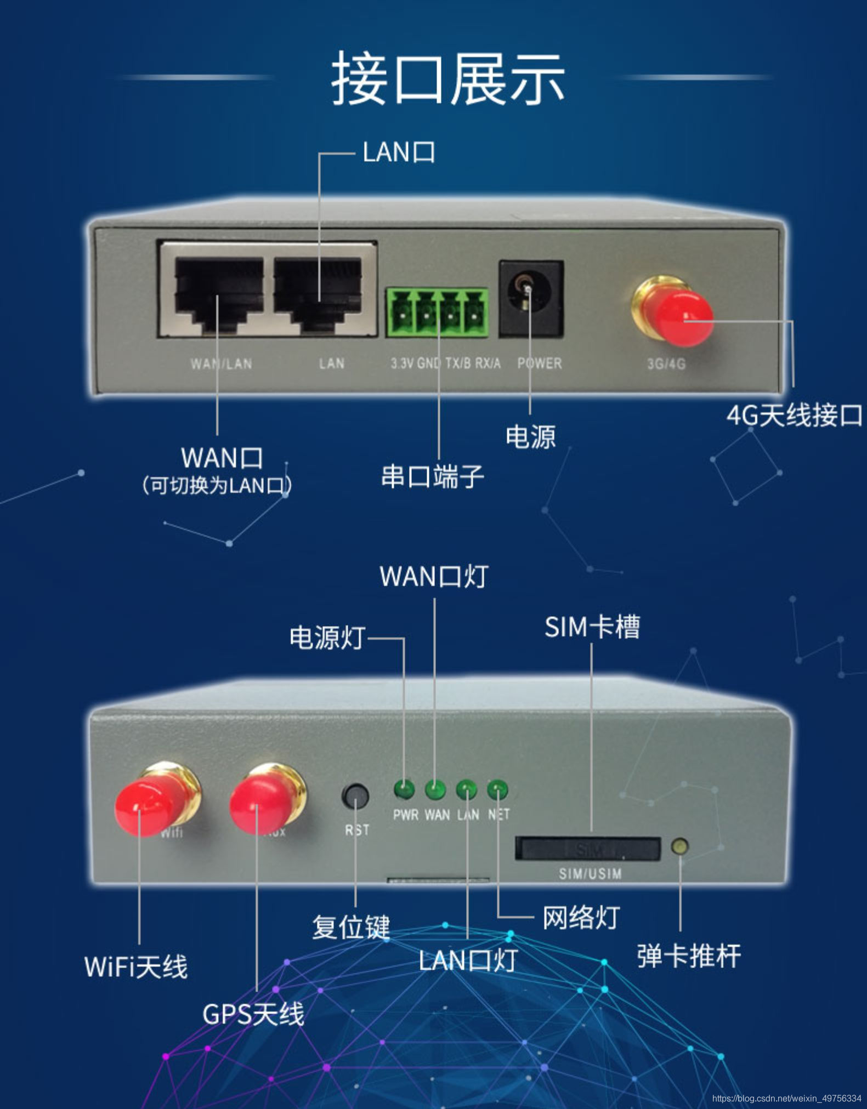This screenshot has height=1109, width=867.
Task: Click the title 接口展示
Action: pos(447,78)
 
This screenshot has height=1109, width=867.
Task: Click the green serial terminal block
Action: pos(437,312)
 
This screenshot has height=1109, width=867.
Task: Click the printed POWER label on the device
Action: pos(540,363)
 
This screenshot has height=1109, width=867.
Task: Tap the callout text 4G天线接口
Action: pos(794,415)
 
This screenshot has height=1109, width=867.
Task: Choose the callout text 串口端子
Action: pos(432,476)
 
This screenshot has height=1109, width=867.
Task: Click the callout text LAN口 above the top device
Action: pos(399,152)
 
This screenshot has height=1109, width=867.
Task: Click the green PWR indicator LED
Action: pos(405,789)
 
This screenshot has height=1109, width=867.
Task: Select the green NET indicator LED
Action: pos(498,790)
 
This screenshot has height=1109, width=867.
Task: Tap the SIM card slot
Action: pos(588,849)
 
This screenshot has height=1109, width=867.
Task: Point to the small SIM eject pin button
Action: pos(680,846)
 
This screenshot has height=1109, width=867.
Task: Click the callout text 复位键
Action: pos(351,927)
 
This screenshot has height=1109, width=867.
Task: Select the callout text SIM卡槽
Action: pos(592,627)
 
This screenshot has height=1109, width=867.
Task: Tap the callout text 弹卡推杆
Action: pos(689,956)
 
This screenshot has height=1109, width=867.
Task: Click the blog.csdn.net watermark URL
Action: pos(786,1099)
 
